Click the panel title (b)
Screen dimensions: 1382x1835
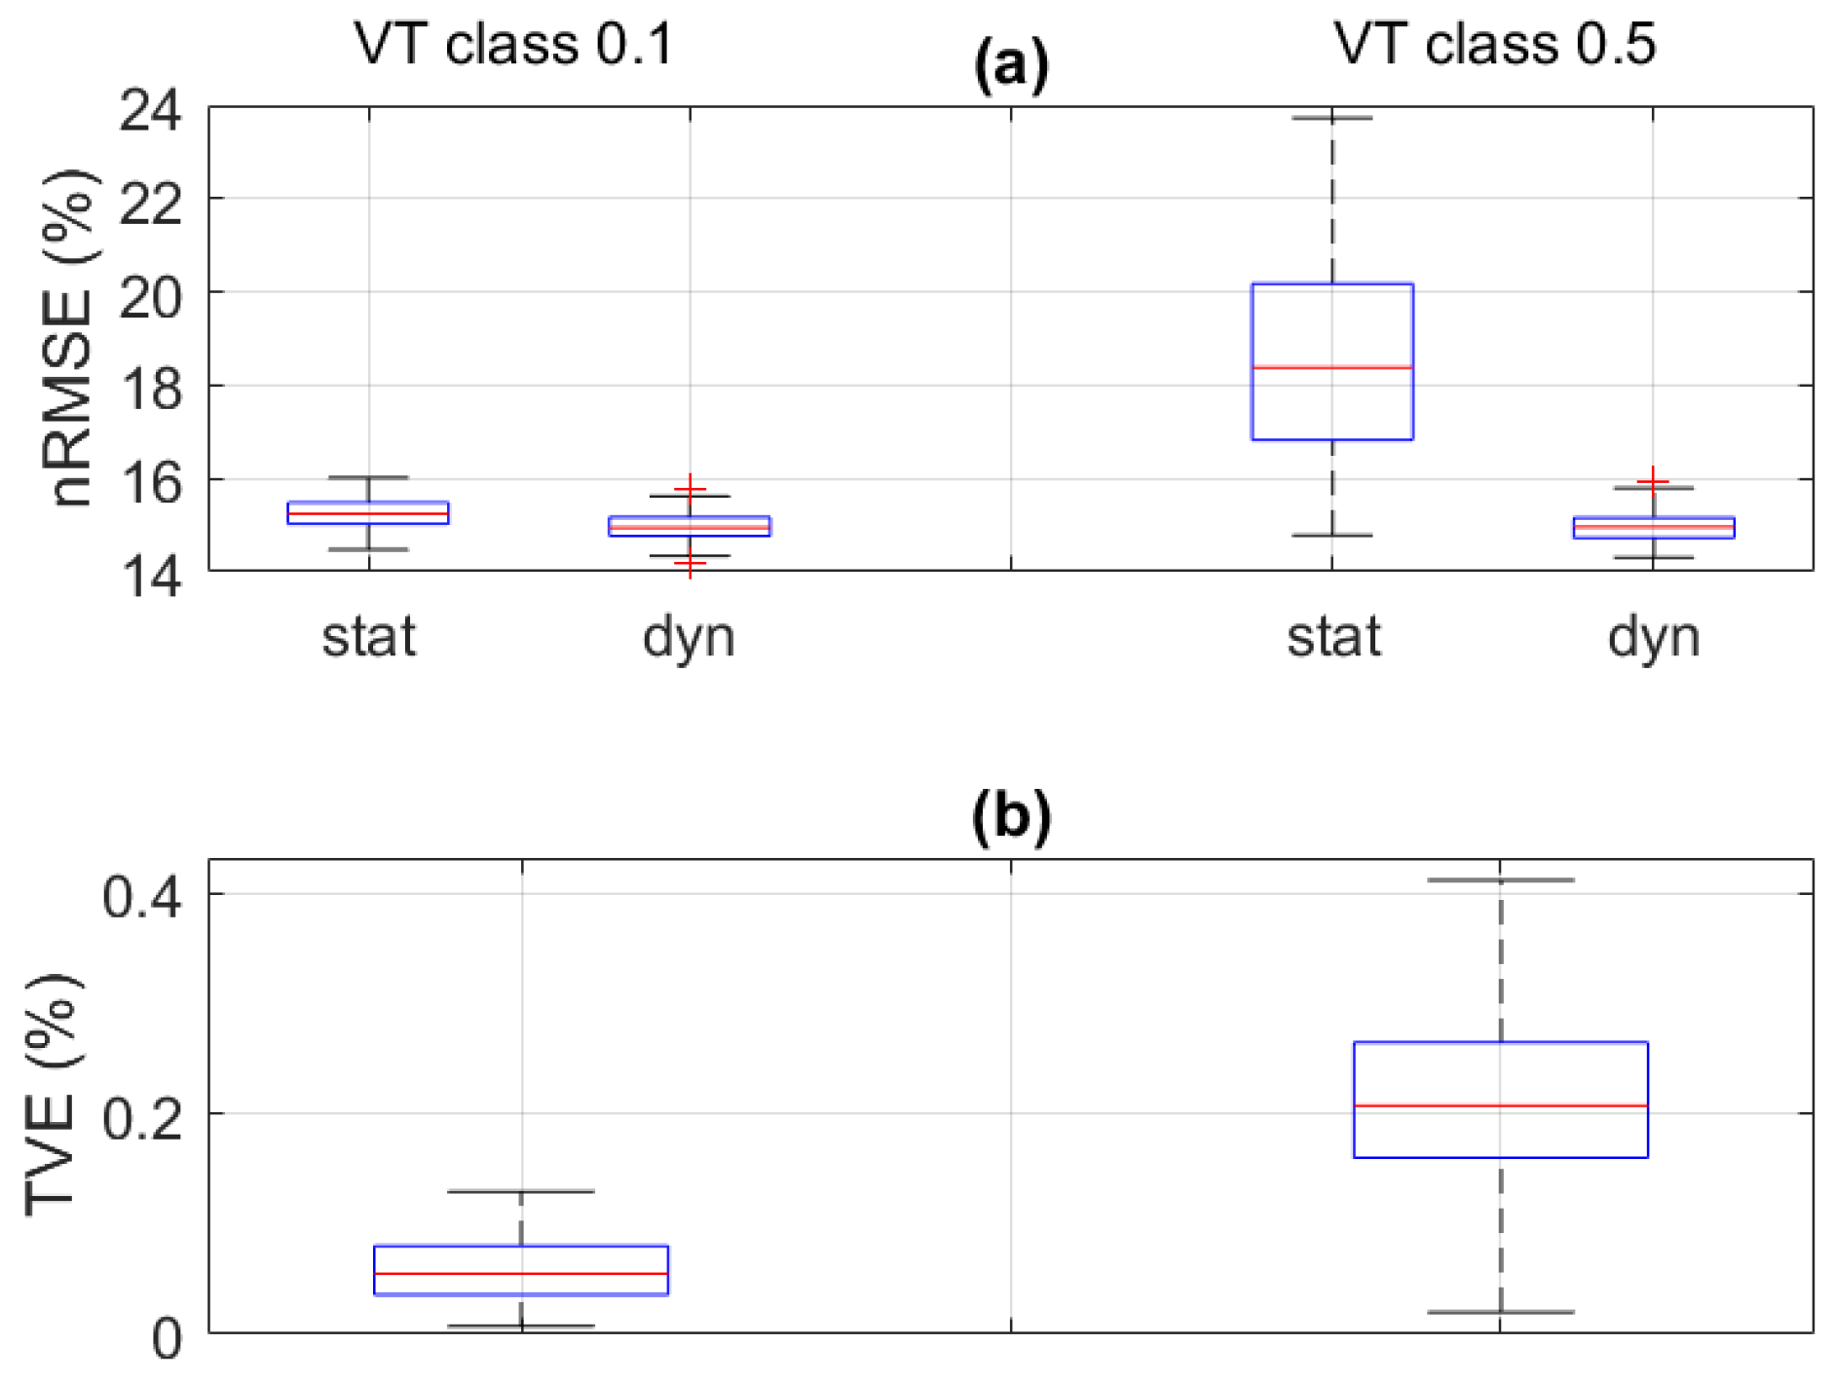click(1011, 816)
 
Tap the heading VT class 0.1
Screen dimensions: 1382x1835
click(513, 45)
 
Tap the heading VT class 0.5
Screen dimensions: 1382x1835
click(1494, 45)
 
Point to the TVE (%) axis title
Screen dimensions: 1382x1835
click(51, 1095)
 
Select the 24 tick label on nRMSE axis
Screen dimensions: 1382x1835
click(150, 109)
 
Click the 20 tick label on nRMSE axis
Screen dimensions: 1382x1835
click(150, 296)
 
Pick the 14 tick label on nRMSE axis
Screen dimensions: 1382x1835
click(150, 576)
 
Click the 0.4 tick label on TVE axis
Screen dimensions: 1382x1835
click(142, 896)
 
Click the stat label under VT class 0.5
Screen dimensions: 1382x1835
click(1332, 637)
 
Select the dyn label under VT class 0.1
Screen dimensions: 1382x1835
click(689, 639)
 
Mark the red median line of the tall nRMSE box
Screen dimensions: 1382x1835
click(1331, 367)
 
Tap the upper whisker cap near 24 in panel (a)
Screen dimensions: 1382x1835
click(1331, 118)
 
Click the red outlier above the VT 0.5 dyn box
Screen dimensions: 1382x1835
click(1653, 481)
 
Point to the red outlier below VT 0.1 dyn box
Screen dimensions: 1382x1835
click(690, 564)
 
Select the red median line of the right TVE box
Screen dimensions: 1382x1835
click(1500, 1105)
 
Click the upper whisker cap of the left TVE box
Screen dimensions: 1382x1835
click(521, 1191)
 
